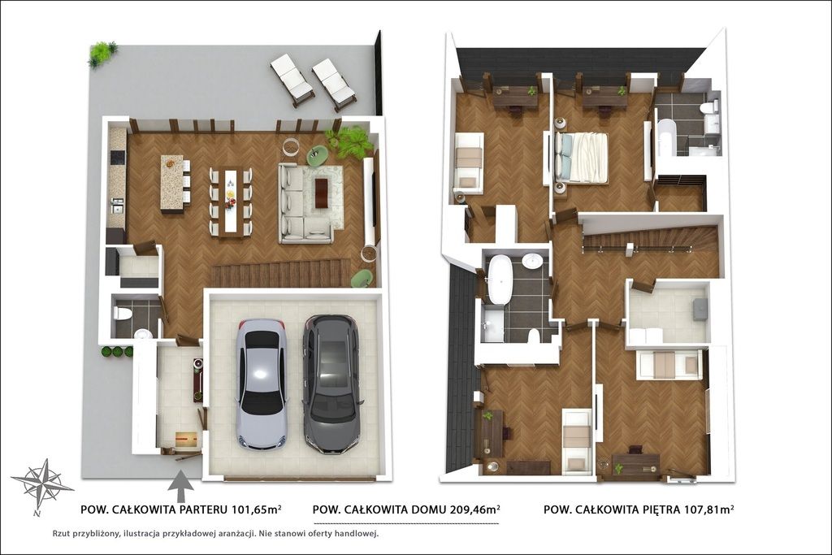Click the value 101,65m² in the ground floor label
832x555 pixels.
(256, 509)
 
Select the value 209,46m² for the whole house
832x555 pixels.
(474, 509)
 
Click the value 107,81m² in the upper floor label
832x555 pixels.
(708, 509)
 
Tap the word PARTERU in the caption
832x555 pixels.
(203, 509)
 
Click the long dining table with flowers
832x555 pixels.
(231, 200)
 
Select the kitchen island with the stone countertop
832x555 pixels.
(171, 184)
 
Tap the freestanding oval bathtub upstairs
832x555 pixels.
(498, 279)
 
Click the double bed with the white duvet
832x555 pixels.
(581, 158)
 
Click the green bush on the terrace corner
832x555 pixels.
(102, 54)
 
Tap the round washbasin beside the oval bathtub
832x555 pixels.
(532, 261)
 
